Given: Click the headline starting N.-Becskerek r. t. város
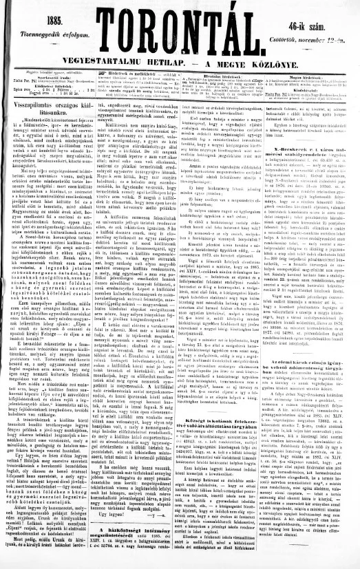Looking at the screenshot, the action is (304, 190).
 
